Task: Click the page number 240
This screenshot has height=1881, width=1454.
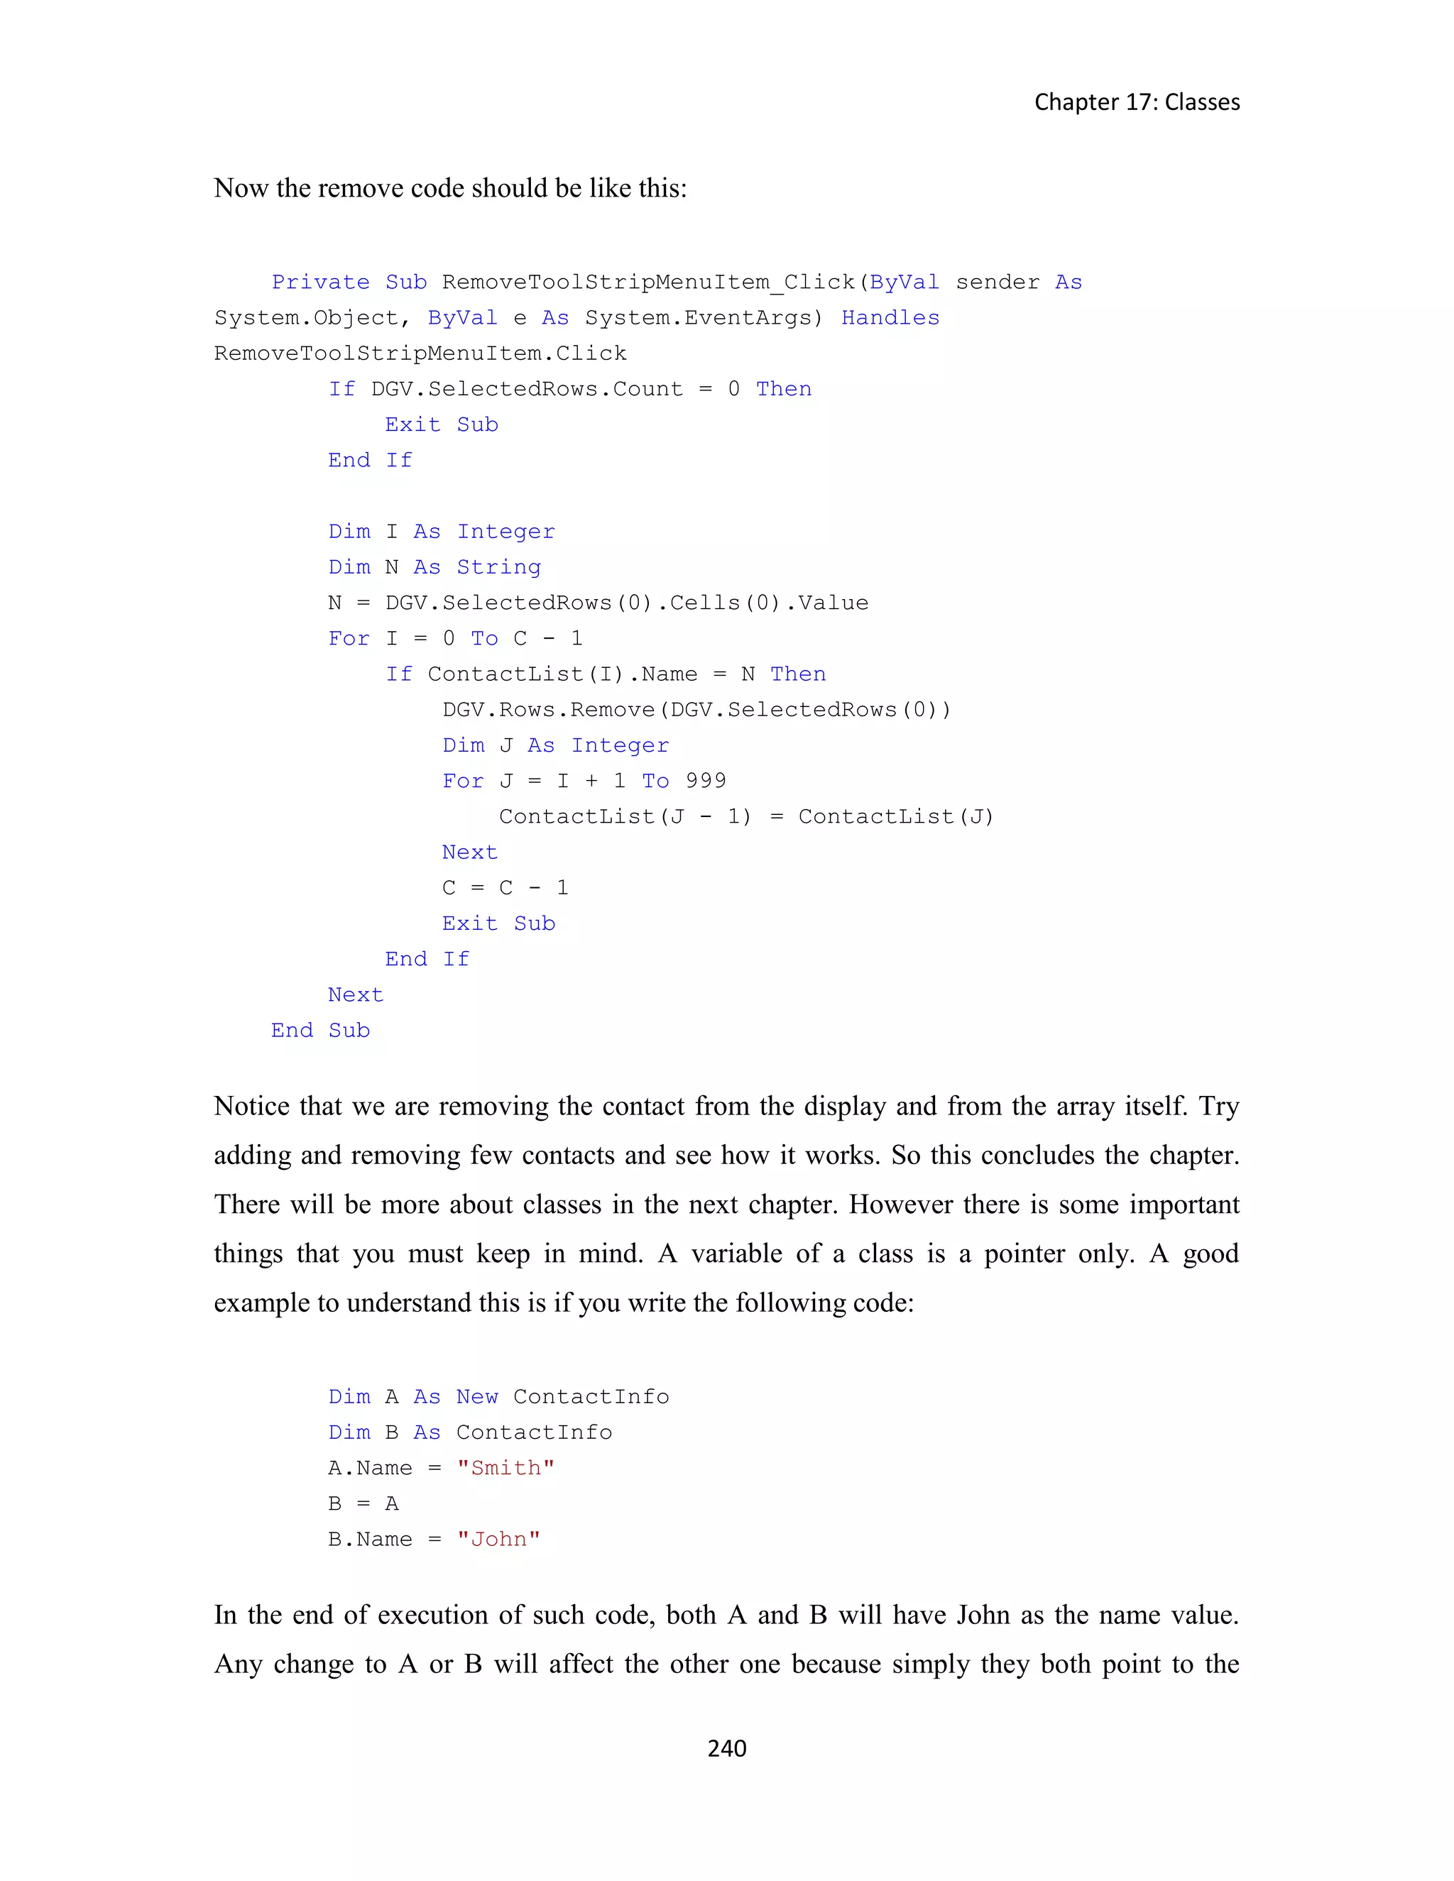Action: [x=726, y=1748]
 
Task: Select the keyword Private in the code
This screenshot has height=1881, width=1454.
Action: [x=320, y=283]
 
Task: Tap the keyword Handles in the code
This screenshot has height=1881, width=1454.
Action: [x=890, y=318]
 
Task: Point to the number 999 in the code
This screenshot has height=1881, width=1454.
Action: [x=706, y=782]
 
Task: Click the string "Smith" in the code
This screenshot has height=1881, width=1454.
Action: [x=505, y=1468]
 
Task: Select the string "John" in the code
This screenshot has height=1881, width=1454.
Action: [x=498, y=1539]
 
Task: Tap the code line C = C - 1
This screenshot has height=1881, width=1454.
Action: [x=505, y=888]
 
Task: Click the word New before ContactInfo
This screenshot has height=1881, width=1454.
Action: [x=477, y=1397]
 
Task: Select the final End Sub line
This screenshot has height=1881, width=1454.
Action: [x=320, y=1031]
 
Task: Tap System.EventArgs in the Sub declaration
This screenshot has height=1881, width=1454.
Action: [x=698, y=318]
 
